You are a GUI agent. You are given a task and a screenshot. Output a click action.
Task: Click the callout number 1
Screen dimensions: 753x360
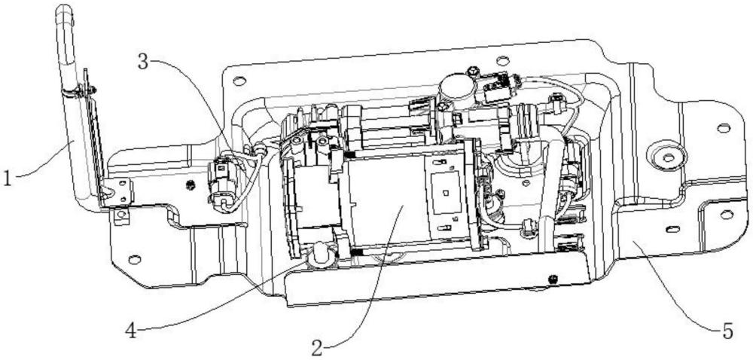[x=7, y=178]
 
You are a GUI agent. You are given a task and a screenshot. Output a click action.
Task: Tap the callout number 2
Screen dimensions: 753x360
[x=316, y=347]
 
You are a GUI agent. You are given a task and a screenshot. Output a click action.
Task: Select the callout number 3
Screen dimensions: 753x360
[x=143, y=62]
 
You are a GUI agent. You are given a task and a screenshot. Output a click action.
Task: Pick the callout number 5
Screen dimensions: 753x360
[x=728, y=331]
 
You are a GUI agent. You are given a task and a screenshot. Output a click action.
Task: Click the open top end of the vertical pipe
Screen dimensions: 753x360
[x=64, y=8]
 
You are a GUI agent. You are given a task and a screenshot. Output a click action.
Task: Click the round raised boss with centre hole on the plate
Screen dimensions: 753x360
[x=668, y=156]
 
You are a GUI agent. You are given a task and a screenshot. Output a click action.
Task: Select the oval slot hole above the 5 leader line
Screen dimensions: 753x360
[x=672, y=229]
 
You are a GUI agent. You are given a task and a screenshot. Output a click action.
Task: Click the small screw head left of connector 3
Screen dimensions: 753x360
[x=191, y=185]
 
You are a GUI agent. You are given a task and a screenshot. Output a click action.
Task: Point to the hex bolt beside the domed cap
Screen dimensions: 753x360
[x=474, y=72]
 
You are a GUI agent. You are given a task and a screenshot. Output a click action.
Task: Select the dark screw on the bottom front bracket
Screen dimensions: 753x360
[x=554, y=279]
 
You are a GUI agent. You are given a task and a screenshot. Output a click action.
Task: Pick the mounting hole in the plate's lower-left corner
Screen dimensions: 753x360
[x=135, y=260]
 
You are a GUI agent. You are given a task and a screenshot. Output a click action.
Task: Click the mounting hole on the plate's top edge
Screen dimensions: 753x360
[x=502, y=61]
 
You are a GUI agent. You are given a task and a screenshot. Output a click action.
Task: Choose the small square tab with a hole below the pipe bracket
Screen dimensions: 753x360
[x=121, y=215]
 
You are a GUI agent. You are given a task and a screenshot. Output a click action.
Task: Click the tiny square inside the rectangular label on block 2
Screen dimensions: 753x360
[x=445, y=194]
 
